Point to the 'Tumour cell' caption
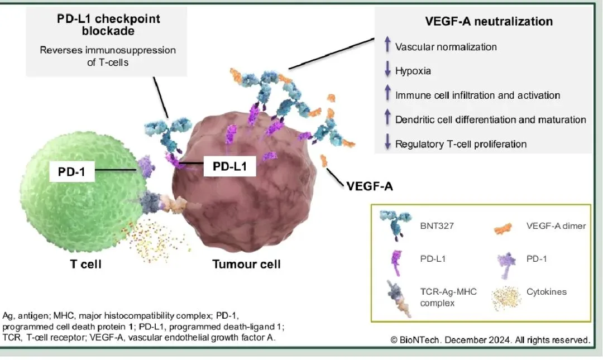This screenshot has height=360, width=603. pyautogui.click(x=246, y=263)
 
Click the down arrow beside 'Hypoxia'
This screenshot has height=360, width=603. pyautogui.click(x=387, y=71)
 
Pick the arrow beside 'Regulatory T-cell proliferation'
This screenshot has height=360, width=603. pyautogui.click(x=387, y=144)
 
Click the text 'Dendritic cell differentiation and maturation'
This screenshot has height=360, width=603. pyautogui.click(x=490, y=120)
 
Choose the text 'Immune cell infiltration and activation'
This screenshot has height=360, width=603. pyautogui.click(x=477, y=95)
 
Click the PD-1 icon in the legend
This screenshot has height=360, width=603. pyautogui.click(x=506, y=262)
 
